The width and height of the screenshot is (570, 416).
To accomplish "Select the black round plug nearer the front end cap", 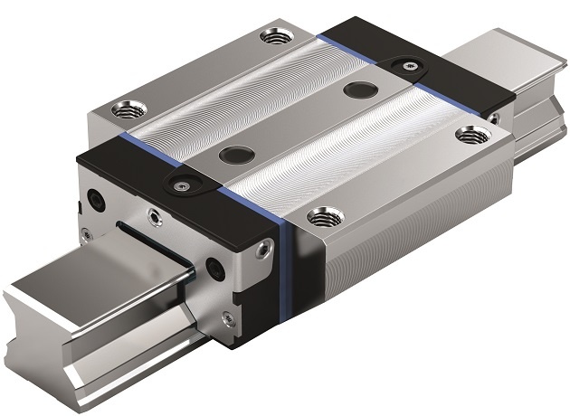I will pyautogui.click(x=236, y=153).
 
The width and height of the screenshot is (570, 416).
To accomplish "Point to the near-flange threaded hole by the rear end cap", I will pyautogui.click(x=468, y=134).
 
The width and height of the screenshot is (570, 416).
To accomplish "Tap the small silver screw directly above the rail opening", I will pyautogui.click(x=150, y=216).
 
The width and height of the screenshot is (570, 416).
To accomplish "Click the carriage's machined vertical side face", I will pyautogui.click(x=407, y=244).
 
